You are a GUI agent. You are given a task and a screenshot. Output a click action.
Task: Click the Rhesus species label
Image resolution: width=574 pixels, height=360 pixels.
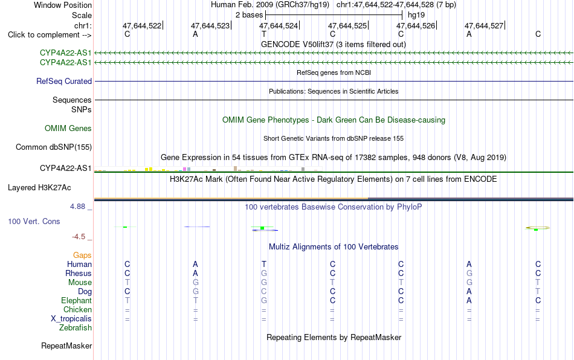pyautogui.click(x=79, y=273)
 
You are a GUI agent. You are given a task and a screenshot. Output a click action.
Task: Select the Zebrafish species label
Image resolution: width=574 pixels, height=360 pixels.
pyautogui.click(x=76, y=328)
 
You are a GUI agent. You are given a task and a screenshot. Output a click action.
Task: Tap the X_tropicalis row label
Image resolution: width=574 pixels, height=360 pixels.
pyautogui.click(x=71, y=319)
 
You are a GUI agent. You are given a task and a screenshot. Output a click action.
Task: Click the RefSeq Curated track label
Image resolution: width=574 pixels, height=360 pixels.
pyautogui.click(x=64, y=81)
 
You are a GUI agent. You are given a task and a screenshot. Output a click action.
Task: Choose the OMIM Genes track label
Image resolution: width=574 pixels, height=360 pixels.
pyautogui.click(x=68, y=129)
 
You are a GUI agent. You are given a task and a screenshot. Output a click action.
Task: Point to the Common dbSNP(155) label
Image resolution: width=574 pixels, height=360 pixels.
pyautogui.click(x=54, y=147)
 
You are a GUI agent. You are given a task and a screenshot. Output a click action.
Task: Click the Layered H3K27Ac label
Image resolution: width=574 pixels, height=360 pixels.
pyautogui.click(x=39, y=188)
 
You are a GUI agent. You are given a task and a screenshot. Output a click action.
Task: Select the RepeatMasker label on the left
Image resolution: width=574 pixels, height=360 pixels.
pyautogui.click(x=66, y=346)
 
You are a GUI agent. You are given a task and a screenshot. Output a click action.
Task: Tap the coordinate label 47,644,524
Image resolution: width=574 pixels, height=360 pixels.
pyautogui.click(x=279, y=25)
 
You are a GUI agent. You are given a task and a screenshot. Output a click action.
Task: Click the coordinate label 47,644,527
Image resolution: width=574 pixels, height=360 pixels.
pyautogui.click(x=484, y=25)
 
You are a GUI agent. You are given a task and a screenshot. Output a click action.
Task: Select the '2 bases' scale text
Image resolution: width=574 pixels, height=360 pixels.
pyautogui.click(x=250, y=15)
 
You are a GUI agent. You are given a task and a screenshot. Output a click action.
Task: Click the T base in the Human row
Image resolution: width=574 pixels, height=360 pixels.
pyautogui.click(x=264, y=264)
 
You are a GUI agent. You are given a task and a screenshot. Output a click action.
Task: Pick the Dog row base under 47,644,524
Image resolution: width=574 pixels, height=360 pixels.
pyautogui.click(x=264, y=292)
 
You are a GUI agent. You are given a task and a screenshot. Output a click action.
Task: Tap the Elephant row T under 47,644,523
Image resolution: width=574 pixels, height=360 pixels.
pyautogui.click(x=196, y=300)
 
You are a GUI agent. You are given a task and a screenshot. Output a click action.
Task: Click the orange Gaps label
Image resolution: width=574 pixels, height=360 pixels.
pyautogui.click(x=82, y=255)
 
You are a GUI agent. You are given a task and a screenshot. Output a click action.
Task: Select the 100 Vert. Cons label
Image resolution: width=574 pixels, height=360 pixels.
pyautogui.click(x=34, y=221)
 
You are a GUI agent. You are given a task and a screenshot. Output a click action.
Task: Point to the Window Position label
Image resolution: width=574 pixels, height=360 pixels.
pyautogui.click(x=63, y=5)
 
